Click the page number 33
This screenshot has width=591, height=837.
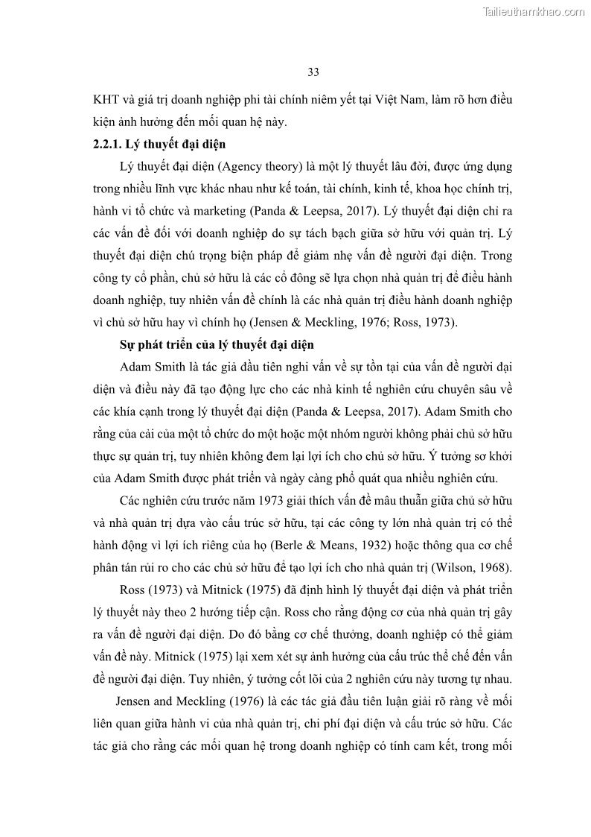coord(313,72)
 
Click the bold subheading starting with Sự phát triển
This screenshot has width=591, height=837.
coord(217,345)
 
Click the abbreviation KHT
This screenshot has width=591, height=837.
coord(106,100)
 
